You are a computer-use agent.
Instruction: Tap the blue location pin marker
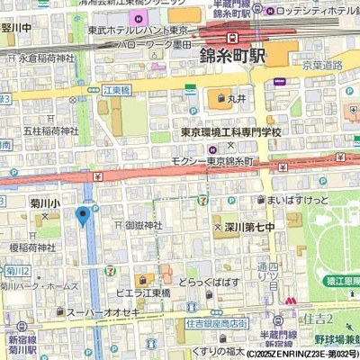coord(83,215)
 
